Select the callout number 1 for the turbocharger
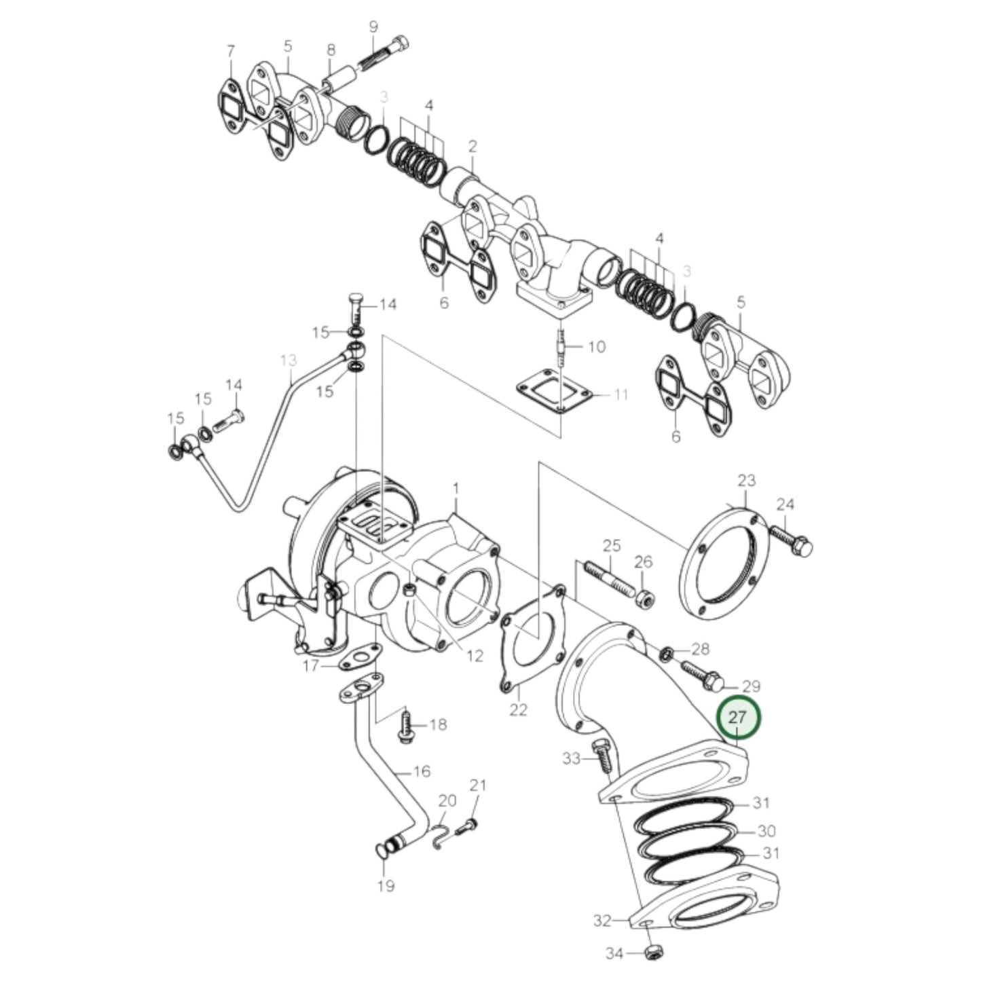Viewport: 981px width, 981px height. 456,488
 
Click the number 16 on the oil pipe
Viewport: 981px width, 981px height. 422,771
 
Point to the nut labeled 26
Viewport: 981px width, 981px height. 645,599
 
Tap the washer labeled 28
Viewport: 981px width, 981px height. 667,654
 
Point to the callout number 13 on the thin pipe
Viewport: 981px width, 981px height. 289,358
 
